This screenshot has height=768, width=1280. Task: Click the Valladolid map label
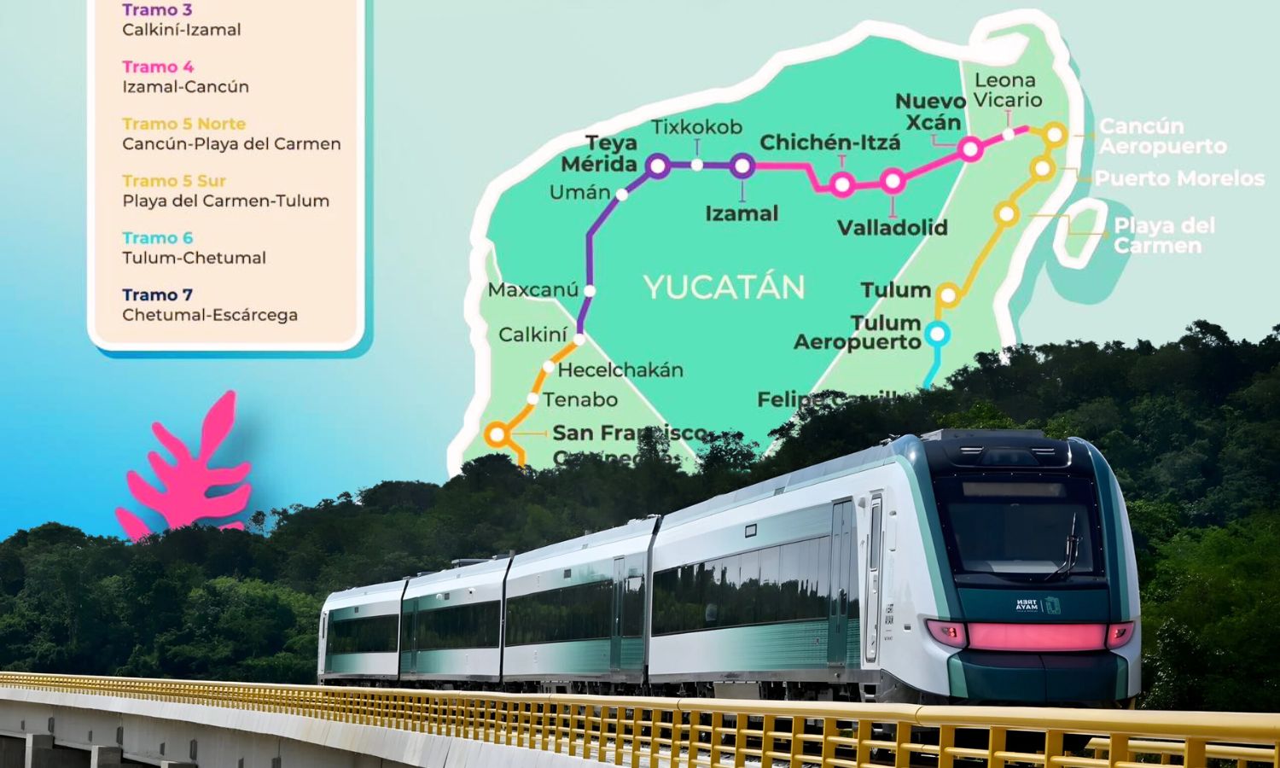pos(892,227)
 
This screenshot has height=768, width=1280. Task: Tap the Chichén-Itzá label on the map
pos(829,142)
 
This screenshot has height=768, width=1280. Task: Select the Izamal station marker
pos(742,166)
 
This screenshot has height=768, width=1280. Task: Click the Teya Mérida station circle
pos(657,166)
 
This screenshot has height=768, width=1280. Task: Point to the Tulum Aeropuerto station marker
pos(937,334)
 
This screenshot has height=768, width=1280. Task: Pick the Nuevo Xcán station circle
pos(969,149)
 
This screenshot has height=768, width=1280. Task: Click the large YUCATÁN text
pos(724,288)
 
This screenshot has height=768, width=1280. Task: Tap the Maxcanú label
pos(533,290)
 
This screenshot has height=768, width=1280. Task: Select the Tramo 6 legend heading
pos(158,238)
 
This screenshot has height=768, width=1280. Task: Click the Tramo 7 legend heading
pos(158,295)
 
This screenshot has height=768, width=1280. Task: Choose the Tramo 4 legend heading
pos(158,67)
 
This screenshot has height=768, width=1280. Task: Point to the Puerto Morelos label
pos(1179,178)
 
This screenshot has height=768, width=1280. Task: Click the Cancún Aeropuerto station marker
pos(1055,134)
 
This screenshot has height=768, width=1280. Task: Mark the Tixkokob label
pos(696,127)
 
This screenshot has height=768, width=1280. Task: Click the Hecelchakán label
pos(620,370)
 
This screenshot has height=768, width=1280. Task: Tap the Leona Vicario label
pos(1007,90)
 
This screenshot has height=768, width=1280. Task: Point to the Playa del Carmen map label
pos(1164,236)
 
